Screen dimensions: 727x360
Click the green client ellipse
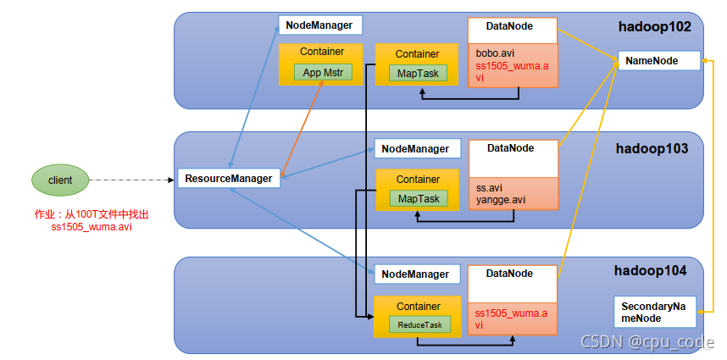60,180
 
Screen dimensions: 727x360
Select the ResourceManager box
229,179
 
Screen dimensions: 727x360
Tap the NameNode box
659,61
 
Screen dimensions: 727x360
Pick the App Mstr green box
323,73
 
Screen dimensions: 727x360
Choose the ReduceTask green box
419,324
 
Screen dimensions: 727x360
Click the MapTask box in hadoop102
419,73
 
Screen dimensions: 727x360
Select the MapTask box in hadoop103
419,198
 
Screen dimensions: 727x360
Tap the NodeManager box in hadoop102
320,25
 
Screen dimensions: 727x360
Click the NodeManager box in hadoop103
417,148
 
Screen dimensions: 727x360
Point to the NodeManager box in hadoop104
417,274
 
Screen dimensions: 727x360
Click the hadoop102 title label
655,27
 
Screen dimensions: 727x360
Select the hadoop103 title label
652,149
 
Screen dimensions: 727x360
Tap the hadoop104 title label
650,270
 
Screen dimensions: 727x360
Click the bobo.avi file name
495,53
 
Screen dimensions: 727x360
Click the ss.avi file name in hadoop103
489,189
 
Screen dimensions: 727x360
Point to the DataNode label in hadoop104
509,274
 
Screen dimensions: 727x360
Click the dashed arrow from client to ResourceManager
131,180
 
